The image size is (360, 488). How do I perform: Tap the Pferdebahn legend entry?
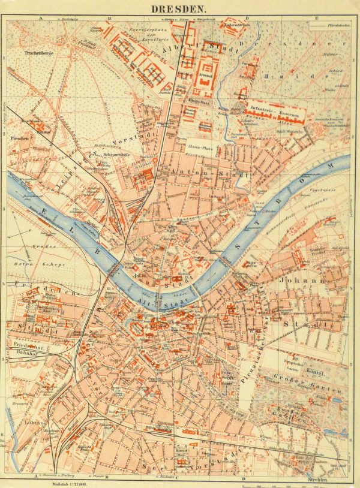click(340, 25)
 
